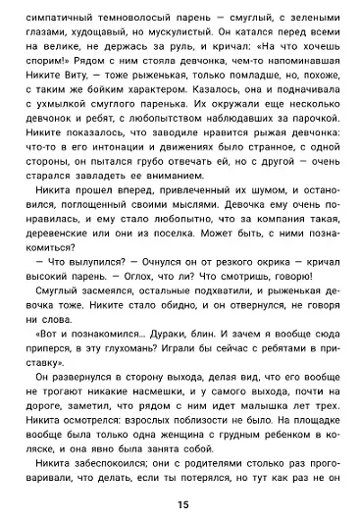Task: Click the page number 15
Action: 181,504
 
